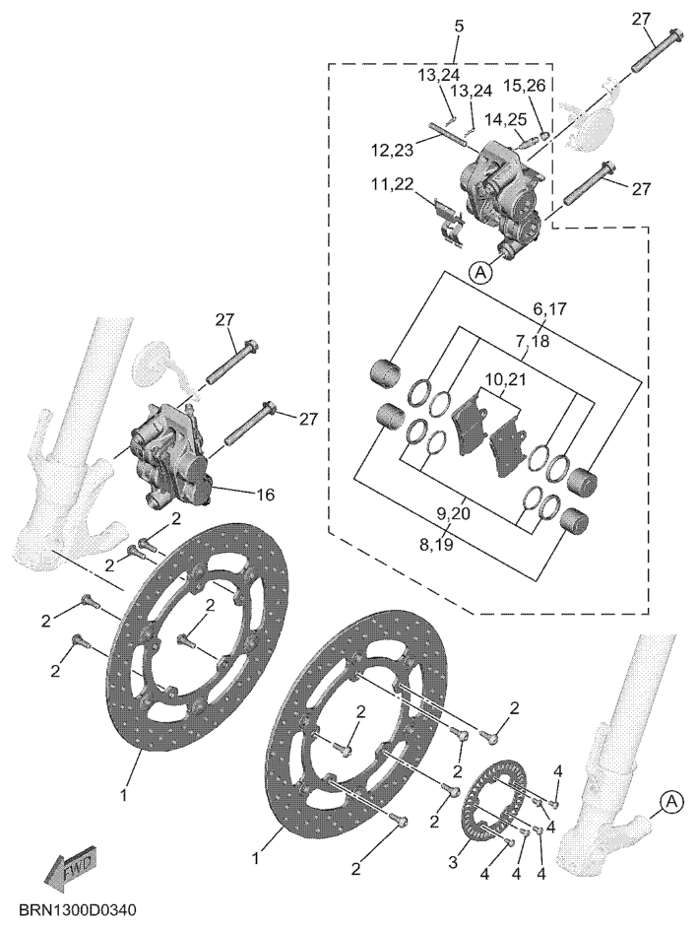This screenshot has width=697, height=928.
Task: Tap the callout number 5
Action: [x=459, y=26]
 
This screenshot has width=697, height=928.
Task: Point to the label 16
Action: [x=266, y=495]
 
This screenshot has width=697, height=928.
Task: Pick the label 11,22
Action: [x=392, y=184]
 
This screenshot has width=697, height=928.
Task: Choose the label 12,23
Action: [x=392, y=150]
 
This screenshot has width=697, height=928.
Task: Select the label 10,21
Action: [x=506, y=378]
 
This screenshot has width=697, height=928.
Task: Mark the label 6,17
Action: [x=549, y=308]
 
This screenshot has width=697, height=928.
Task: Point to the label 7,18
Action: [x=533, y=341]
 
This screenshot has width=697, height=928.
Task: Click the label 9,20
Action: [x=453, y=513]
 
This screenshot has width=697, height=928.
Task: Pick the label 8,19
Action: [x=436, y=544]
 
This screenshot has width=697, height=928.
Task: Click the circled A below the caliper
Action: [x=481, y=272]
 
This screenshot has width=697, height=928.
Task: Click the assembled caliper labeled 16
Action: [x=168, y=454]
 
